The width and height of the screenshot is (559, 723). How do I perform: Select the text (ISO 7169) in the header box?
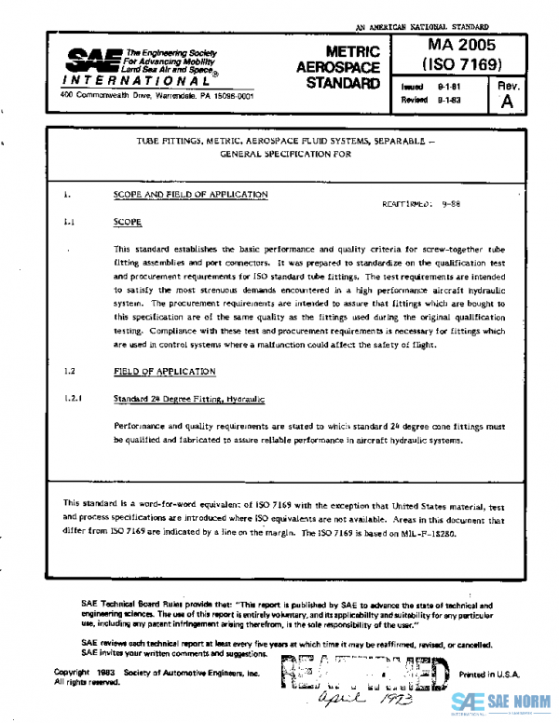pos(462,64)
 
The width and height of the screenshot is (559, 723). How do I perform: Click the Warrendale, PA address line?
pos(129,95)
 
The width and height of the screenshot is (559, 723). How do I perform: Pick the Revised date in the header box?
pos(427,99)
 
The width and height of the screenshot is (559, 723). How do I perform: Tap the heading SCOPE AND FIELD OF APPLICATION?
pos(190,195)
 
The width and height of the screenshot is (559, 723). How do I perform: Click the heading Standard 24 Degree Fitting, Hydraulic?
pos(188,399)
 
